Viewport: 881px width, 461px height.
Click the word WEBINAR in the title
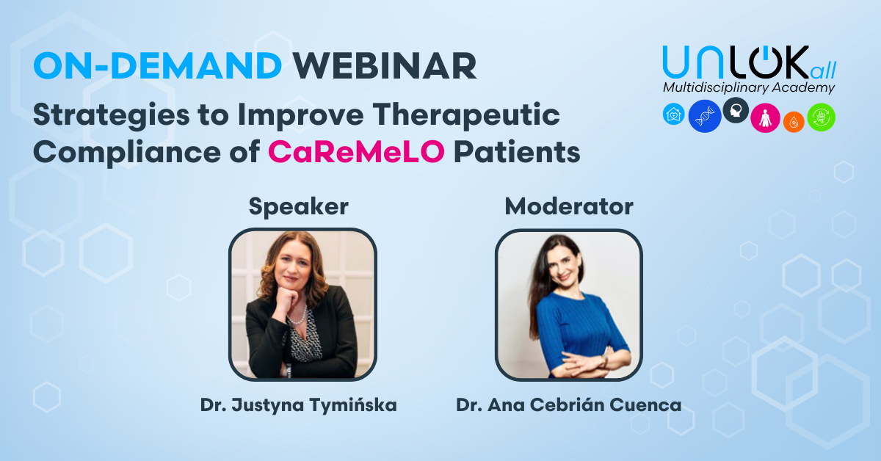point(384,65)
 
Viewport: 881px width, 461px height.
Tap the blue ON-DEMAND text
point(158,65)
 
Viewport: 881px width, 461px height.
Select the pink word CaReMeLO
point(356,152)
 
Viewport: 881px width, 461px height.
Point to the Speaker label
point(299,207)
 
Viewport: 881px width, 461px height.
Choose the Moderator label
point(569,206)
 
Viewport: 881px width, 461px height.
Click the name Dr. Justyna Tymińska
point(299,405)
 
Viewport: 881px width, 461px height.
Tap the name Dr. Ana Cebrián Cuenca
point(569,405)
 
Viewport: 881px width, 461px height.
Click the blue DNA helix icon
point(704,116)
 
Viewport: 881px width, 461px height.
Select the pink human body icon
point(765,118)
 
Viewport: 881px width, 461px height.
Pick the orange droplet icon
point(794,123)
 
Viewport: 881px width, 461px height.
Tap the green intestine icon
point(822,117)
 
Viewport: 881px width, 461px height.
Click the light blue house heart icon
point(674,114)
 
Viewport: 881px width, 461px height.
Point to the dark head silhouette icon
point(736,110)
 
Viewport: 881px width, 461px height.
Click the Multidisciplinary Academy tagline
point(749,87)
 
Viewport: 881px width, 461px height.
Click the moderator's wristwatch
point(604,360)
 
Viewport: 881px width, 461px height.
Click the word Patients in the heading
point(517,152)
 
